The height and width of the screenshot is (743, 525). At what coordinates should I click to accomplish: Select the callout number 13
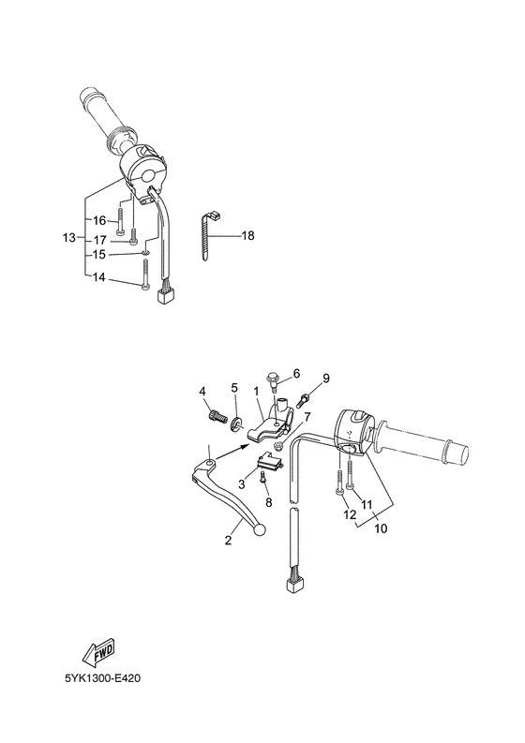pos(69,238)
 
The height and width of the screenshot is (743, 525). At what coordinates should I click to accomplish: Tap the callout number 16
pos(99,220)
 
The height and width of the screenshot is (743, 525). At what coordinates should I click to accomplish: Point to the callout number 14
pos(99,278)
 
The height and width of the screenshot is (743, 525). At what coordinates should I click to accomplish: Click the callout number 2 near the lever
pos(227,541)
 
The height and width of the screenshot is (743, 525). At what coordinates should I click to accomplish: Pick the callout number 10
pos(382,528)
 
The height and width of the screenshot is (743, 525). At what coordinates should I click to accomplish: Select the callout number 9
pos(326,378)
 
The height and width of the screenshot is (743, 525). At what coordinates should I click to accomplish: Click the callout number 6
pos(296,373)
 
